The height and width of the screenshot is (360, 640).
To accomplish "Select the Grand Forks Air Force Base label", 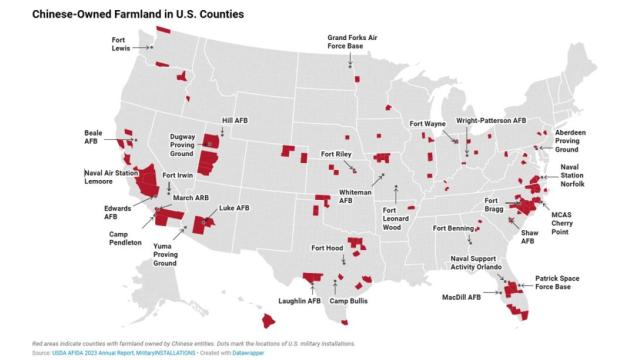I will [x=351, y=46].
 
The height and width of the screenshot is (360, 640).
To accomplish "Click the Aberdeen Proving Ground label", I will [x=572, y=140].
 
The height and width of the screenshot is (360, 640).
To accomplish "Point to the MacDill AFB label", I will [x=461, y=296].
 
